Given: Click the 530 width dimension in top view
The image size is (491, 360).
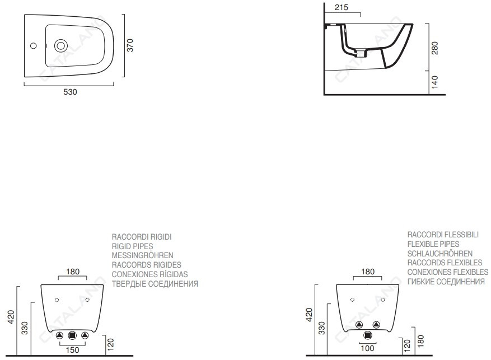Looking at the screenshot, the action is tap(70, 92).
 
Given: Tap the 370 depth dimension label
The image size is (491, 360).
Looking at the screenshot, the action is tap(130, 45).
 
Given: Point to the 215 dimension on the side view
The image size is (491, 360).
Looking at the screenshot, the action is tap(342, 7).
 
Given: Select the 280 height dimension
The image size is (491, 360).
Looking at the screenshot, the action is tap(434, 48).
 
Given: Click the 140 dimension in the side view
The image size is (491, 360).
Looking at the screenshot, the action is tap(434, 82).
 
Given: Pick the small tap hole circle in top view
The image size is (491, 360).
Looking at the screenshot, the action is tap(33, 46).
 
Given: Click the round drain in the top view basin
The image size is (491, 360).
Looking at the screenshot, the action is tap(61, 46).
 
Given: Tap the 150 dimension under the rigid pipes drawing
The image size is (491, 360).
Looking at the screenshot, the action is tap(72, 350).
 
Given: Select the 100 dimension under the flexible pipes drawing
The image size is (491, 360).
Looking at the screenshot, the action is tap(367, 348).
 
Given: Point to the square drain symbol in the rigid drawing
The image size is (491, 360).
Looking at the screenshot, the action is tap(72, 335).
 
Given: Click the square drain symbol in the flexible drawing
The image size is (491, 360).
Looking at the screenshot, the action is tap(368, 335).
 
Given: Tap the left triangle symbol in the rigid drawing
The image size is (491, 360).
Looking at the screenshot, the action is tap(59, 335).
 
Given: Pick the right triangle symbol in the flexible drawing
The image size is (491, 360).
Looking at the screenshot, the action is tap(376, 325).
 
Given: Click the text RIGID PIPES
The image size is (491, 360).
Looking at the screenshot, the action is tap(133, 246).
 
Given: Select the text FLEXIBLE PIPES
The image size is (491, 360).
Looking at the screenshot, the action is tap(433, 244).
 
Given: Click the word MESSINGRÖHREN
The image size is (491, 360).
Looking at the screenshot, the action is tap(142, 255).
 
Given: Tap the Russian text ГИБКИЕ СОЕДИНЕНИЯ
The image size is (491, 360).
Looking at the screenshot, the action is tap(446, 282).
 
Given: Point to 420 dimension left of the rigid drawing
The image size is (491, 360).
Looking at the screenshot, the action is tap(11, 317).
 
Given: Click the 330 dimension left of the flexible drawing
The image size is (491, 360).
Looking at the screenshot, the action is tap(322, 328).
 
